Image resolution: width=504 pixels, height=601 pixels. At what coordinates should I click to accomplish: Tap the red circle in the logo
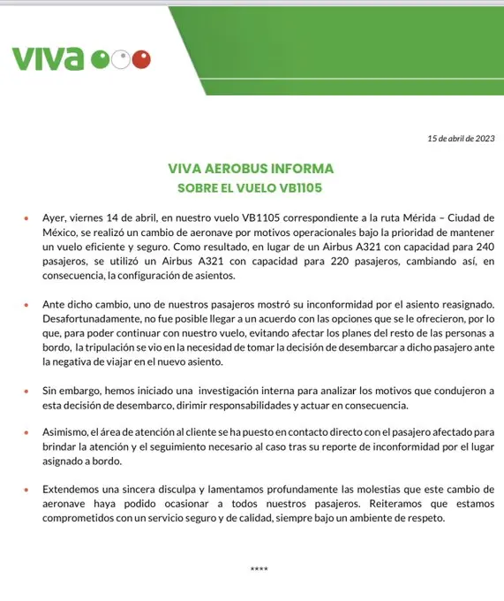tap(141, 59)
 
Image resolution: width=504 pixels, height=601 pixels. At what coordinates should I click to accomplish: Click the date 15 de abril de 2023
tap(460, 138)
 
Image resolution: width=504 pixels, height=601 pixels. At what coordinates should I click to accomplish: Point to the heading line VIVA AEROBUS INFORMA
tap(251, 168)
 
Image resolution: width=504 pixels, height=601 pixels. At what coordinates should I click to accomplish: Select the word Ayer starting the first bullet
tap(56, 217)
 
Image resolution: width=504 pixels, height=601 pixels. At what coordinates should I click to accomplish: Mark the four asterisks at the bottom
tap(258, 569)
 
